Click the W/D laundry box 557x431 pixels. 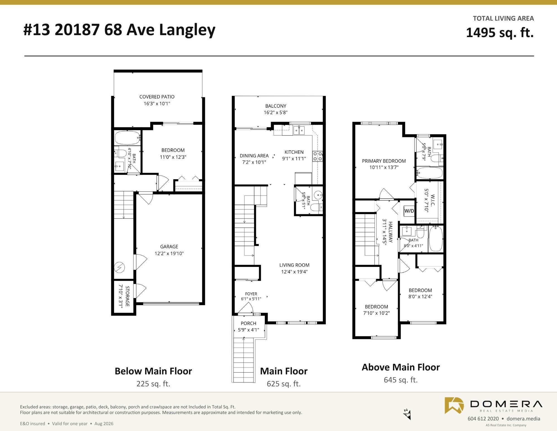point(409,211)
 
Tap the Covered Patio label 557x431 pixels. point(157,97)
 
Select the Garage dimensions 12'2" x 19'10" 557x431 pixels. point(169,254)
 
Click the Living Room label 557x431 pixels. point(294,265)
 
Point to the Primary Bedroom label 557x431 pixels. point(384,161)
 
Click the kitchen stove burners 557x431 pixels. point(318,156)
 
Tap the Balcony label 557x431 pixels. point(276,106)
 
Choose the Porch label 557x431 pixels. point(248,323)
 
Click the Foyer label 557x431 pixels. point(251,294)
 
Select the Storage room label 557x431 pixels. point(127,296)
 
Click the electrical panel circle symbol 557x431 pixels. point(120,268)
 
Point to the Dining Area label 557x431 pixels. point(254,156)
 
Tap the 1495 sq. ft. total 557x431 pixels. point(500,33)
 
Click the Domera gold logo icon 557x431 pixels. point(454,405)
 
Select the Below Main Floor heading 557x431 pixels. point(153,371)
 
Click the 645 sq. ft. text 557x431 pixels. point(401,380)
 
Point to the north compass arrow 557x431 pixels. point(407,415)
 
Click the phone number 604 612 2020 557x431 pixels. point(483,418)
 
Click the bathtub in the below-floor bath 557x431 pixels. point(128,138)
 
